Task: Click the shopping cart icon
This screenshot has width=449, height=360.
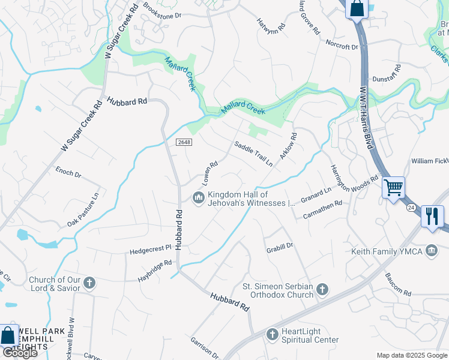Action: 393,187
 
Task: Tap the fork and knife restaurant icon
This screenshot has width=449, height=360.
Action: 432,216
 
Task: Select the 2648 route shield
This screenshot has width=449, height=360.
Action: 184,142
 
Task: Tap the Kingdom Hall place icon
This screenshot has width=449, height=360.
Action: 198,197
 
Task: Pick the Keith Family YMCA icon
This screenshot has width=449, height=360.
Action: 432,250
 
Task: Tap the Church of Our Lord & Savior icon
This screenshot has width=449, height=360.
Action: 89,283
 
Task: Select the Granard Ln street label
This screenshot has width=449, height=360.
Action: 316,195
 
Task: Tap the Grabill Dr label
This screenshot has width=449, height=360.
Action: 279,246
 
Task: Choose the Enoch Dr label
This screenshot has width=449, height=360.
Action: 68,173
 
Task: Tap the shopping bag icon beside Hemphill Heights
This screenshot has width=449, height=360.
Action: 8,336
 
